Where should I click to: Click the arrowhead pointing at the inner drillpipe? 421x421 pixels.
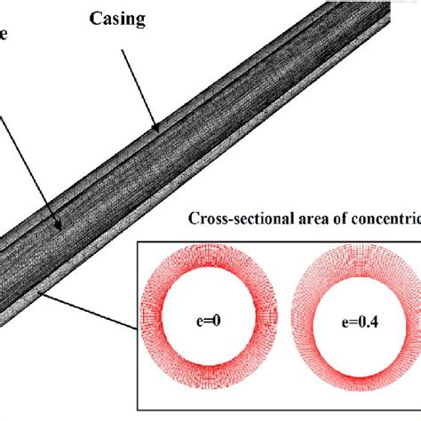click(58, 229)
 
